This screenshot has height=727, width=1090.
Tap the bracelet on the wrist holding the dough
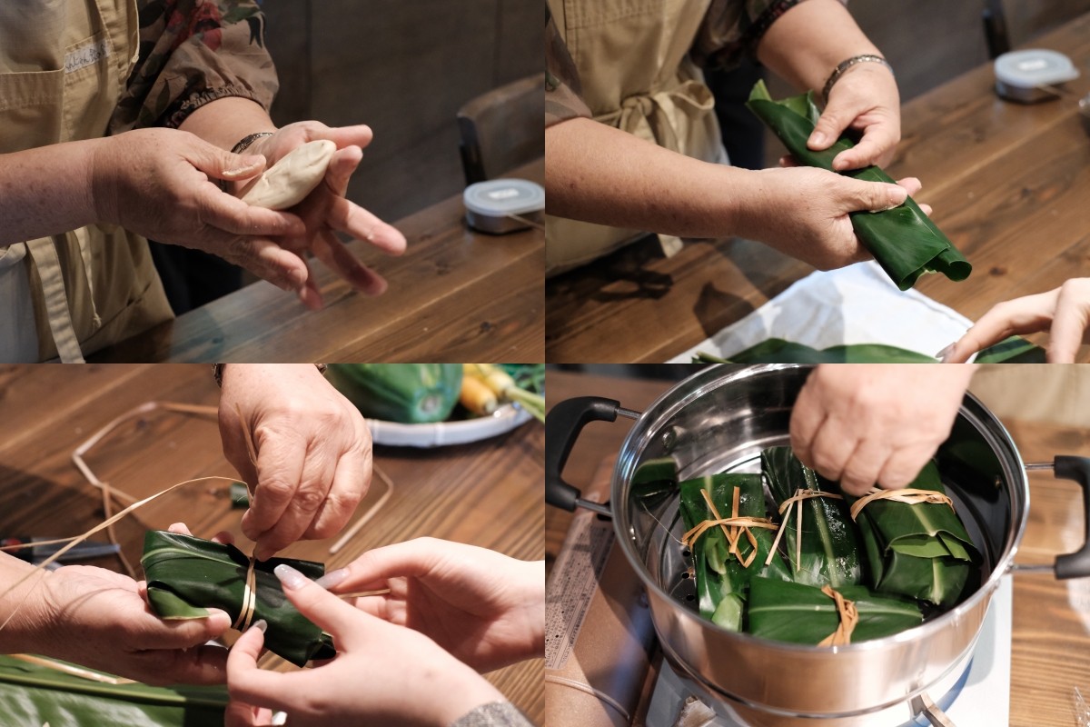[x=249, y=141]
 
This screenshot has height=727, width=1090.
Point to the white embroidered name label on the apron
[x=87, y=55]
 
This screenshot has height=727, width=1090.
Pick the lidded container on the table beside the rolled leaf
[x=1035, y=73]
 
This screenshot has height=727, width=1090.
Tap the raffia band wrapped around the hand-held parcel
[x=246, y=595]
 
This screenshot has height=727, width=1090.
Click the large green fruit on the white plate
[x=400, y=391]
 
